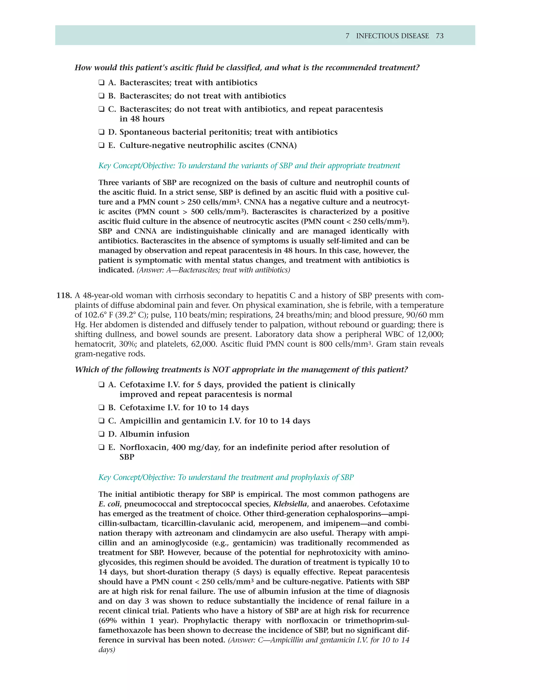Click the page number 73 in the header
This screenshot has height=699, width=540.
(440, 36)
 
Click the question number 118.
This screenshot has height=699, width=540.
(64, 295)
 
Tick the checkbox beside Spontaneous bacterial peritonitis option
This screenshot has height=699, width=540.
(102, 132)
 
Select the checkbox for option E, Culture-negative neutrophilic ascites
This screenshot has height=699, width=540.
(102, 145)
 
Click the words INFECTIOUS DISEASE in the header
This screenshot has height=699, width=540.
(393, 36)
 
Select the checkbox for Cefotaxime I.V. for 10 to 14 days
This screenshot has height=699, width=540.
(102, 408)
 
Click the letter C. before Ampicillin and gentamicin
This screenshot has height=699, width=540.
(112, 421)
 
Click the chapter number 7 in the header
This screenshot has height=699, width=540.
(348, 36)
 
